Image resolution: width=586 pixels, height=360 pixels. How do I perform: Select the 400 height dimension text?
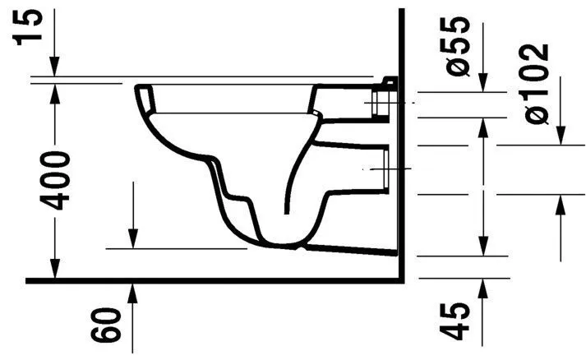pyautogui.click(x=55, y=181)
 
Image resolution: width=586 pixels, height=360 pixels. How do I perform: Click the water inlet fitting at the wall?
pyautogui.click(x=383, y=100)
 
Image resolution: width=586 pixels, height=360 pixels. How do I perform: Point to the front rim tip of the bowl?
pyautogui.click(x=136, y=89)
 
